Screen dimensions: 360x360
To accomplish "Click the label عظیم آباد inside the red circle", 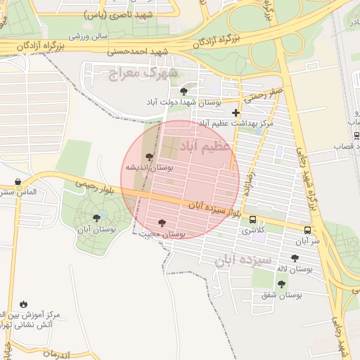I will (205, 146).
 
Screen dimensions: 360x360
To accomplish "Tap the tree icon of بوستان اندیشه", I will (148, 157).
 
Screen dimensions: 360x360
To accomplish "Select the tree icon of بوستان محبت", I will (162, 223).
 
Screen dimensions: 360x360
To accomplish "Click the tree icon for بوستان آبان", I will (96, 218).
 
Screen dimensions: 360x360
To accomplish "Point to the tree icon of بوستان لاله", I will (295, 258).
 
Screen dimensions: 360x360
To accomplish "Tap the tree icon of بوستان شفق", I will (281, 284).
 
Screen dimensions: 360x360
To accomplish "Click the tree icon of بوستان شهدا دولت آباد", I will (184, 91).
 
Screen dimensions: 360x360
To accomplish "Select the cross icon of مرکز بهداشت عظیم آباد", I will (236, 112).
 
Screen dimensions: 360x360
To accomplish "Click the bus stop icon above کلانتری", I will (253, 219).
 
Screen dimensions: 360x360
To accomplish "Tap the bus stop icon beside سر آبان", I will (308, 229).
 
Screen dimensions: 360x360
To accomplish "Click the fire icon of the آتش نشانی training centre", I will (25, 303).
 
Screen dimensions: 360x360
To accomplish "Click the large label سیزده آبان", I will (239, 259).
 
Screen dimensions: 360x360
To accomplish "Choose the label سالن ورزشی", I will (89, 34).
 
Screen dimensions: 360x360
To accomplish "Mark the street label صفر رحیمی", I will (264, 94).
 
